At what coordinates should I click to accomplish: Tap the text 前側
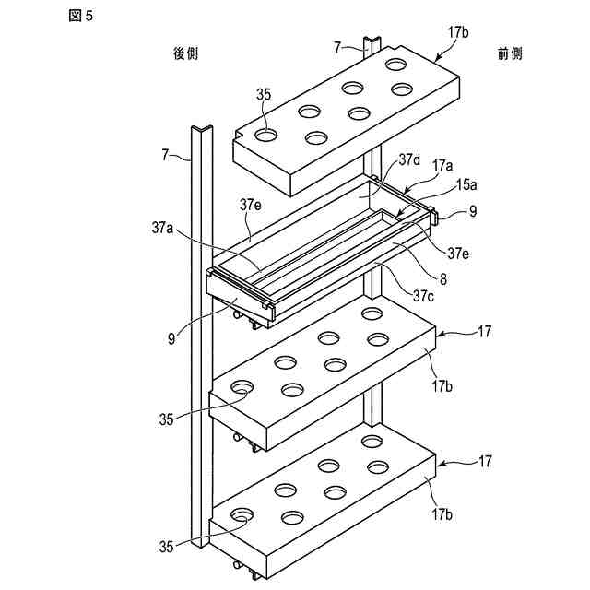coord(510,53)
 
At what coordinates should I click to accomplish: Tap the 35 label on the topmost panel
coord(264,94)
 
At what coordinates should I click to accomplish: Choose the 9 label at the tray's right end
coord(473,211)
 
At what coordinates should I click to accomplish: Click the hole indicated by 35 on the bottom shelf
coord(243,514)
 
